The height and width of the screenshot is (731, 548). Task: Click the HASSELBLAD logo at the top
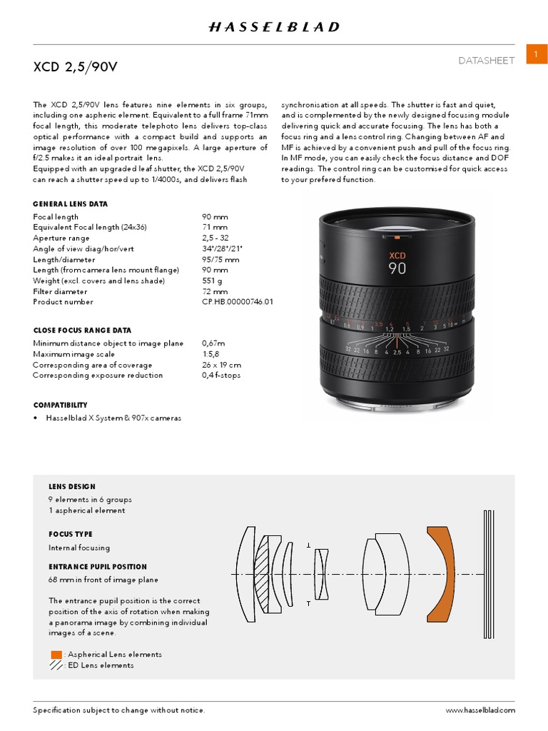[x=274, y=27]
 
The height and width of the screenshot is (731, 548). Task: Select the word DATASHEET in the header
[x=487, y=61]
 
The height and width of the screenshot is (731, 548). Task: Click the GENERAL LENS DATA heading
[x=71, y=204]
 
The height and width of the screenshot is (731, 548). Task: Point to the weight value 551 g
[x=213, y=281]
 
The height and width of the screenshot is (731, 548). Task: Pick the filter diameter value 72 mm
[x=215, y=292]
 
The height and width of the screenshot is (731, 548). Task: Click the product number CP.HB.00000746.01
[x=238, y=302]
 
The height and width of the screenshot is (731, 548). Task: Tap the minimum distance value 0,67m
[x=215, y=343]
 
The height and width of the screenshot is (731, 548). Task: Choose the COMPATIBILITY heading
[x=61, y=405]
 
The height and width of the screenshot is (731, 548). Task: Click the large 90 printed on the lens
[x=397, y=270]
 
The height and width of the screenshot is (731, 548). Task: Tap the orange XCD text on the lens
[x=397, y=255]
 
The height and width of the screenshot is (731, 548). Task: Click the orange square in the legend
[x=56, y=655]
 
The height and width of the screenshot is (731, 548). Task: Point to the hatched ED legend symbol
[x=56, y=665]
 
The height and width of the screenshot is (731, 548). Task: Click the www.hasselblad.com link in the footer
[x=480, y=710]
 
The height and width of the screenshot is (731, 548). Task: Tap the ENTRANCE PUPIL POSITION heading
[x=98, y=567]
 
